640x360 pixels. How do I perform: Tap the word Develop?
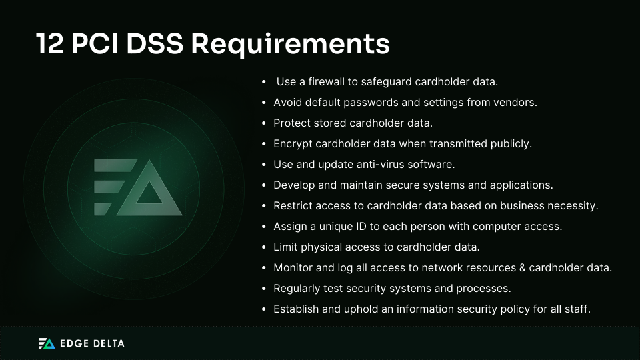294,185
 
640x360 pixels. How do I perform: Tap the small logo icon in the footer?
47,343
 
